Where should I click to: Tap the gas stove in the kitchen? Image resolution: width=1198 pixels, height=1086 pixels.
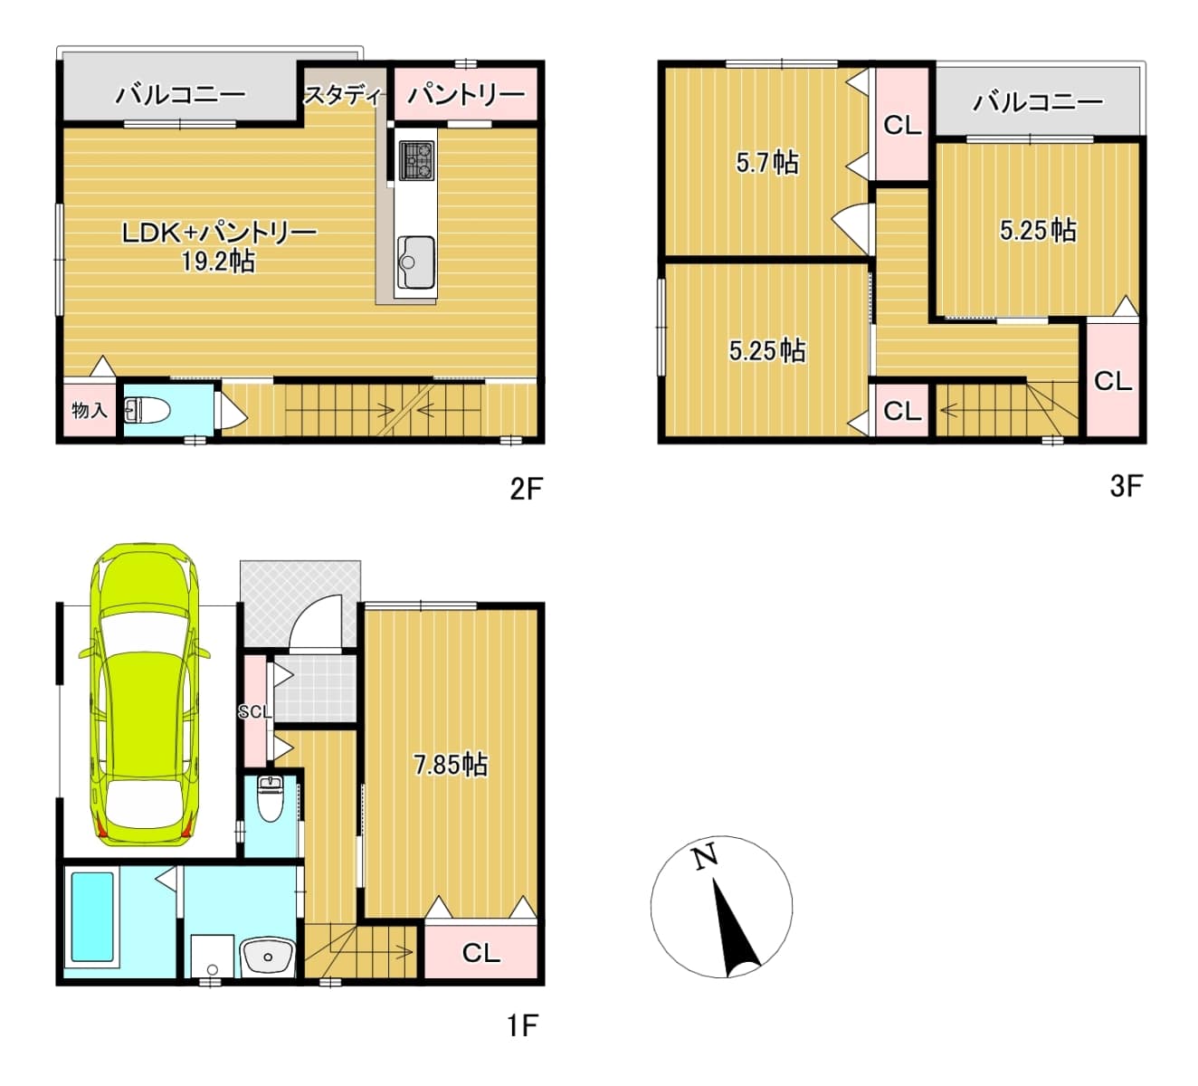[x=416, y=160]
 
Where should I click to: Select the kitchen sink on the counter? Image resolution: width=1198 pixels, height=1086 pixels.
[x=416, y=262]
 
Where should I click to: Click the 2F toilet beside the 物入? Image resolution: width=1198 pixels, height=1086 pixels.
[x=147, y=410]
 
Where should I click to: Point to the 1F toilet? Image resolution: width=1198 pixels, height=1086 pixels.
[x=270, y=799]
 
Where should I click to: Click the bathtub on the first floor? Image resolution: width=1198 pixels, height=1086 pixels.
[x=92, y=917]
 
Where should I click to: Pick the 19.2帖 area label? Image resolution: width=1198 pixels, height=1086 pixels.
[x=219, y=262]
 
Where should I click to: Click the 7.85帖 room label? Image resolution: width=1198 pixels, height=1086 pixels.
[x=451, y=765]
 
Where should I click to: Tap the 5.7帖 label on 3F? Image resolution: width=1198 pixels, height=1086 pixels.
[x=767, y=163]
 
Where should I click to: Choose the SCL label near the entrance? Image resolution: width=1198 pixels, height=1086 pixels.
[x=255, y=711]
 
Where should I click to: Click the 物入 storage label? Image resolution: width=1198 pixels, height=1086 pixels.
[x=90, y=410]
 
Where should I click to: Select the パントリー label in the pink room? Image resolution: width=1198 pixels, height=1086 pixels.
[x=466, y=94]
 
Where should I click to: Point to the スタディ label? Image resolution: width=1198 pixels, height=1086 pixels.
[x=345, y=95]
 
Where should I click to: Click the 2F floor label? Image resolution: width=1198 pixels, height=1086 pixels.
[x=526, y=489]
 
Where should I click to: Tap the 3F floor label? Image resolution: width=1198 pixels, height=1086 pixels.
[x=1126, y=486]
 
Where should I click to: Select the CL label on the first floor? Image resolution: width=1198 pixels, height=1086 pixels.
[x=480, y=953]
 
